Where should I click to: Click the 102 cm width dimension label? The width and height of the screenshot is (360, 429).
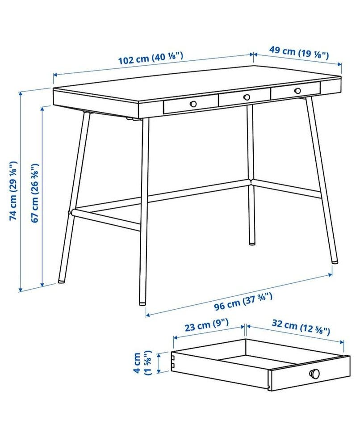150,58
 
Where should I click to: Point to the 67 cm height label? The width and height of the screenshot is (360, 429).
35,193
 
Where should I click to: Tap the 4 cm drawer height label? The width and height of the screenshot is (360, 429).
142,363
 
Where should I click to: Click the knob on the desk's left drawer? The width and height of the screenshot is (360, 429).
193,104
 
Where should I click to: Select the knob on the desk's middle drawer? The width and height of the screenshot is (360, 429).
247,97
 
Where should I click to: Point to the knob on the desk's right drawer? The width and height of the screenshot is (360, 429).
297,91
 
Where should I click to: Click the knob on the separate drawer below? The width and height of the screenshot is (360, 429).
314,373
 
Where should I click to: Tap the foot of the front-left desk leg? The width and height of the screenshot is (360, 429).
62,281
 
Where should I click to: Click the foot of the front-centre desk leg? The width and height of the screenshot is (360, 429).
142,303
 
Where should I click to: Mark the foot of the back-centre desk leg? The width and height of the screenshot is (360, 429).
252,242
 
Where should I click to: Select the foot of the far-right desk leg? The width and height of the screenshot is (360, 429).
335,262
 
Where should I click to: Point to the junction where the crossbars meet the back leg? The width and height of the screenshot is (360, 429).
251,182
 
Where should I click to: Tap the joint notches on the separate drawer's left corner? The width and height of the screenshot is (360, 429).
173,361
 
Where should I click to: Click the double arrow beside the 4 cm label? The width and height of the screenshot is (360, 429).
159,363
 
